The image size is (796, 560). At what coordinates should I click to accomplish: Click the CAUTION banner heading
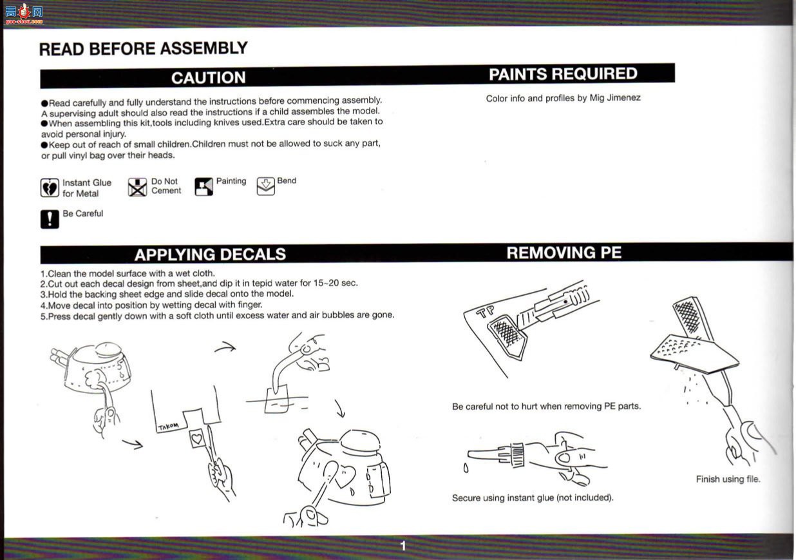208,78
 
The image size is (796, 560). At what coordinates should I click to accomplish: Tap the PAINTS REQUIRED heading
563,74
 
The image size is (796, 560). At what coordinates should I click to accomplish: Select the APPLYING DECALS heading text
210,254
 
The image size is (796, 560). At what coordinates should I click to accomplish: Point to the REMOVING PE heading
564,253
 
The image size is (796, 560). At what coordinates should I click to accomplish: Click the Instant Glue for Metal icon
50,188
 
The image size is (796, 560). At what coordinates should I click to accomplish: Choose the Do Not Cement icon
137,187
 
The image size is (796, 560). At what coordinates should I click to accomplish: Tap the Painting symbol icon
204,186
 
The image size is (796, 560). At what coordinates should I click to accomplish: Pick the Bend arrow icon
266,186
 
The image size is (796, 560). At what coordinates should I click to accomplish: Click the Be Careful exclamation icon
50,219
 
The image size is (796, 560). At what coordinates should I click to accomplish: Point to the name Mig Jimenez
615,97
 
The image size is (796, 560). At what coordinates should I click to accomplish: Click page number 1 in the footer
403,545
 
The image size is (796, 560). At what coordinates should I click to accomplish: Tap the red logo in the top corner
24,14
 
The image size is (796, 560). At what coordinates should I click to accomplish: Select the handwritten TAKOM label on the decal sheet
168,427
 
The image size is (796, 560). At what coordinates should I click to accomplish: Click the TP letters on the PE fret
485,311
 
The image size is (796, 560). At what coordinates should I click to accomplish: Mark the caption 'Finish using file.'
728,479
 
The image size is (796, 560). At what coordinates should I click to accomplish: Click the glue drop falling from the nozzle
466,468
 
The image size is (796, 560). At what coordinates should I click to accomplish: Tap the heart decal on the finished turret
344,476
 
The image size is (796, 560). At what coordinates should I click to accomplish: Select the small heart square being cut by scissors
197,439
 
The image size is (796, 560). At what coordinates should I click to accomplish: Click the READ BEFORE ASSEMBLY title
143,49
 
